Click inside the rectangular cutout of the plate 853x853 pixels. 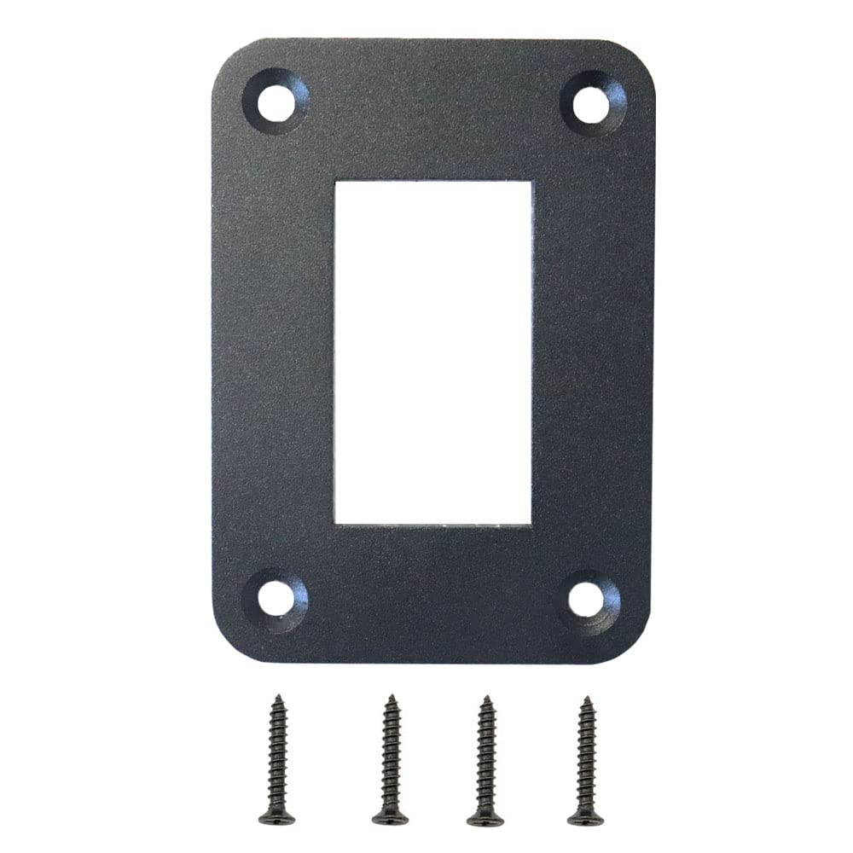[433, 351]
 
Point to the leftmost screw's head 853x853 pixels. [276, 817]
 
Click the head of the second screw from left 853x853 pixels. [391, 817]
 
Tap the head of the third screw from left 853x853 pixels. [485, 817]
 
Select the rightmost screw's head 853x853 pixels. [585, 817]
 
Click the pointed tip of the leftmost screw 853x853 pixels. [276, 696]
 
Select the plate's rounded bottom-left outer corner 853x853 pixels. [223, 648]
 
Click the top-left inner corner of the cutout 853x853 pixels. [336, 181]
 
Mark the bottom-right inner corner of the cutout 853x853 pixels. [531, 523]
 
